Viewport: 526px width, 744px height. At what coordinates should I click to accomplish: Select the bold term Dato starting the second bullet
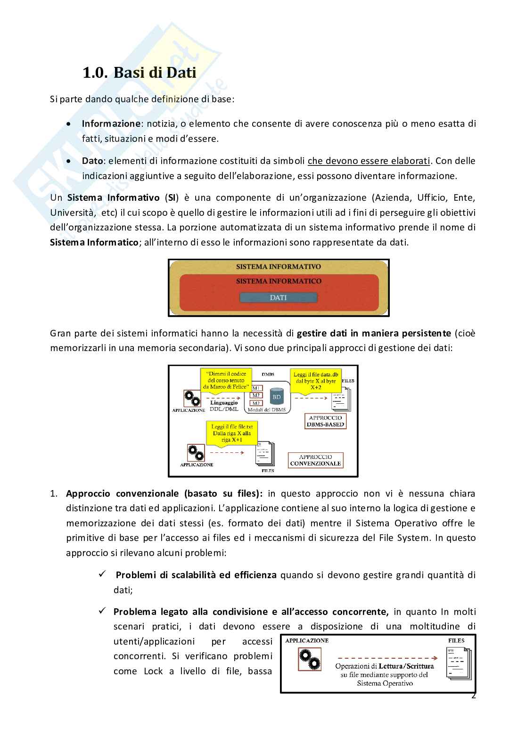[92, 161]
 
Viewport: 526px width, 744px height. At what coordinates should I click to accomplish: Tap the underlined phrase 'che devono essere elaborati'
[369, 161]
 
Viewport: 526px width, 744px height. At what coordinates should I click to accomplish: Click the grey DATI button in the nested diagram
[278, 298]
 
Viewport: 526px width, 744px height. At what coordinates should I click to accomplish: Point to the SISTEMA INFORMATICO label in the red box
[279, 281]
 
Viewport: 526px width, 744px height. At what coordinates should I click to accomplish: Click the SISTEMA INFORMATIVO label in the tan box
[279, 267]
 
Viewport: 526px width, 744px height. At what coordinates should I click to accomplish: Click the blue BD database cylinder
[277, 396]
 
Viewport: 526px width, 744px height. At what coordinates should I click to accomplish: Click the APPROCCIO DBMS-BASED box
[326, 421]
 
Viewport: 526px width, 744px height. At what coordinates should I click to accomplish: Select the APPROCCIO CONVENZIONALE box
[315, 460]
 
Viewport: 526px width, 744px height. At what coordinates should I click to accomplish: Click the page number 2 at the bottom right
[474, 696]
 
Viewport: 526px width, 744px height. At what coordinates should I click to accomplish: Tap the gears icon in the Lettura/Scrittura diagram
[310, 660]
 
